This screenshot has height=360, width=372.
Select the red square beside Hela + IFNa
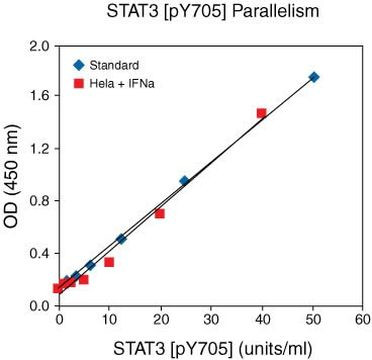click(x=72, y=79)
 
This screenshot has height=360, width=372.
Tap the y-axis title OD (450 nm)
click(x=13, y=176)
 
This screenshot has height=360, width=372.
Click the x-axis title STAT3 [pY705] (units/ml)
click(x=211, y=348)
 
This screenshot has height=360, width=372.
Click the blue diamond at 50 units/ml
click(x=314, y=77)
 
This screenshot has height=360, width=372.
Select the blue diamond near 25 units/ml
click(x=184, y=181)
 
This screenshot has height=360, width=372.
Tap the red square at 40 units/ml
click(x=261, y=114)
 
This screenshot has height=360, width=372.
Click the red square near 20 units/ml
click(x=159, y=214)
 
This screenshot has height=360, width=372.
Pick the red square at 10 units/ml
click(x=109, y=262)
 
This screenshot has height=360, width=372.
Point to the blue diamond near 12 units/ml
click(x=121, y=239)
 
